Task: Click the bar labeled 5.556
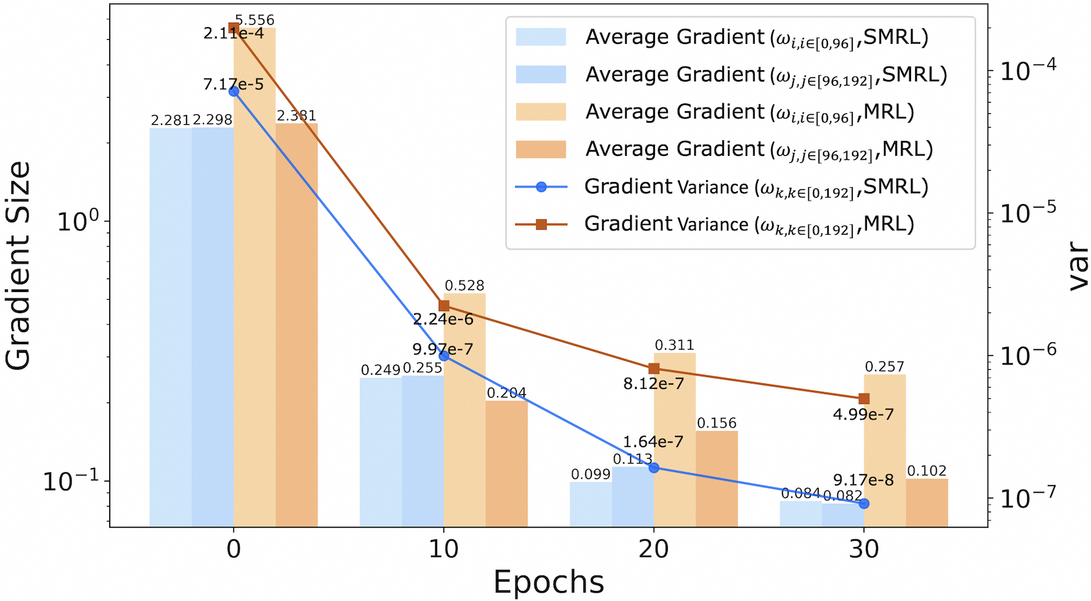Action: (x=254, y=276)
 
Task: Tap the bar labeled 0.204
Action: (x=506, y=464)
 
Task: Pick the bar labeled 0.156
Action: (x=717, y=478)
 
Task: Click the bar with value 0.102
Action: (x=927, y=502)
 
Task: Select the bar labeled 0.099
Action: (x=591, y=504)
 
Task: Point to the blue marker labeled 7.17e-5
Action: (x=234, y=91)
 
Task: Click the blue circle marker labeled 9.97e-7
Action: (x=444, y=356)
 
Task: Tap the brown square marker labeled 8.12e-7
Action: (x=654, y=369)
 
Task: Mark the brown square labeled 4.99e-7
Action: (x=864, y=399)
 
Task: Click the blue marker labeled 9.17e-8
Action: (x=864, y=503)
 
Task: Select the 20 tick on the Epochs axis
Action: (x=654, y=549)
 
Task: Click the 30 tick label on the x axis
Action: (x=863, y=549)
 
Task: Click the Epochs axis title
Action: (x=549, y=583)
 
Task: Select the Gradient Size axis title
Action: (x=18, y=266)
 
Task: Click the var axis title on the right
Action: (x=1077, y=266)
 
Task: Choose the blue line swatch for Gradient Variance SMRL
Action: (x=541, y=187)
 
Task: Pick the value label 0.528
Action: (x=464, y=286)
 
